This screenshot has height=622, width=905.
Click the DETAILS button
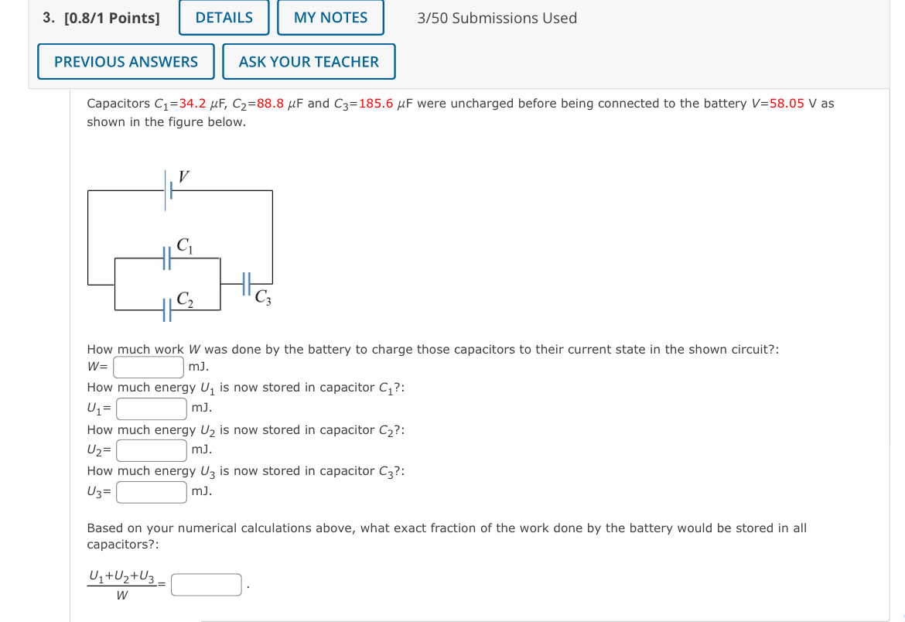click(x=224, y=18)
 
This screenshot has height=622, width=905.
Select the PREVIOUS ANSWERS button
click(x=126, y=62)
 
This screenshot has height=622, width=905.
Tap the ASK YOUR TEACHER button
click(x=309, y=62)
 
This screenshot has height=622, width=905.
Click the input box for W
click(x=149, y=367)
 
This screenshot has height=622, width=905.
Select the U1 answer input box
click(x=152, y=408)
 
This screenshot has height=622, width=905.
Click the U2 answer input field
click(x=152, y=449)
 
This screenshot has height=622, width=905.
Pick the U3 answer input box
click(x=152, y=491)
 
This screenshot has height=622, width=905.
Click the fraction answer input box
click(x=207, y=585)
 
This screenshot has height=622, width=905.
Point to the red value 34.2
click(x=192, y=104)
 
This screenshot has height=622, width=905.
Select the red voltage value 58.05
click(x=787, y=104)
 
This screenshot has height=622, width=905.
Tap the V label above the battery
click(x=183, y=176)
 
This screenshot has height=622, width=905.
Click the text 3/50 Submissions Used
click(x=497, y=18)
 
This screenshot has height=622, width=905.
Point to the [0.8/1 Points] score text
click(x=111, y=18)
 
